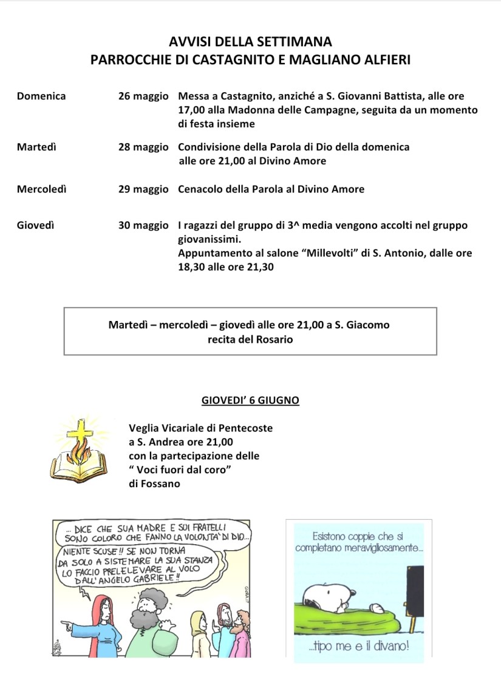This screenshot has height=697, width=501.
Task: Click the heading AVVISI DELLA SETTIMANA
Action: pyautogui.click(x=250, y=42)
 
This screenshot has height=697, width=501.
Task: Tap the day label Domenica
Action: pyautogui.click(x=41, y=96)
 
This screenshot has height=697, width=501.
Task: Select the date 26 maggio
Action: pyautogui.click(x=143, y=96)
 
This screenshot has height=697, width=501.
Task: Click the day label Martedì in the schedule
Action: pyautogui.click(x=36, y=147)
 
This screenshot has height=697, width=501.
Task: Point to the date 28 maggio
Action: pyautogui.click(x=143, y=147)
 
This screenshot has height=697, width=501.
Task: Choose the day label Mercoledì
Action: pyautogui.click(x=42, y=189)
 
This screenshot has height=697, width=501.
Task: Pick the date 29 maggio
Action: pyautogui.click(x=143, y=189)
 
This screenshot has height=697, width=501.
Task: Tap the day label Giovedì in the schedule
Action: pyautogui.click(x=36, y=225)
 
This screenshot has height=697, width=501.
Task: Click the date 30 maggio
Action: pyautogui.click(x=143, y=225)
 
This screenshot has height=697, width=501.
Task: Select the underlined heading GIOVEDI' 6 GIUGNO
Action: pyautogui.click(x=250, y=400)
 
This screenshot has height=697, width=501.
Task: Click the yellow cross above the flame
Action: pyautogui.click(x=77, y=432)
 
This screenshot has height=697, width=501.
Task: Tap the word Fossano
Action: pyautogui.click(x=159, y=483)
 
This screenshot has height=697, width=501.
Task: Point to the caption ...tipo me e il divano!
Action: pyautogui.click(x=358, y=647)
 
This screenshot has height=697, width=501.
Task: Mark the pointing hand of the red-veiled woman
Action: pyautogui.click(x=66, y=622)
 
